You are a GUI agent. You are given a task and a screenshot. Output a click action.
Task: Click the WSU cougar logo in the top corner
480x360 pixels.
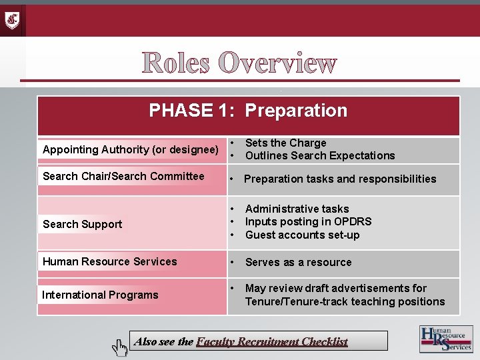pyautogui.click(x=13, y=20)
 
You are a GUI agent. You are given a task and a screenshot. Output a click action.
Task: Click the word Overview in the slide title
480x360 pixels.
pyautogui.click(x=277, y=63)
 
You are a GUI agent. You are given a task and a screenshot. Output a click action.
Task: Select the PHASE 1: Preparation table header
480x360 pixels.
pyautogui.click(x=248, y=111)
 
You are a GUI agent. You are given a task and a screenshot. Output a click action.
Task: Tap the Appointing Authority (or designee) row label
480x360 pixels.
pyautogui.click(x=131, y=150)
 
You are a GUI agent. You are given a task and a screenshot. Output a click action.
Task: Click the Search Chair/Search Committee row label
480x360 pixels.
pyautogui.click(x=123, y=176)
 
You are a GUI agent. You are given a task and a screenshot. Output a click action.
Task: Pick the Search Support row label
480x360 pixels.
pyautogui.click(x=83, y=224)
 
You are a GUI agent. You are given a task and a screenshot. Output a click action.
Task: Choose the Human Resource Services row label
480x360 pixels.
pyautogui.click(x=110, y=261)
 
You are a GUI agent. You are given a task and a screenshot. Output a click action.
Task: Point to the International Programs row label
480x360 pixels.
pyautogui.click(x=100, y=295)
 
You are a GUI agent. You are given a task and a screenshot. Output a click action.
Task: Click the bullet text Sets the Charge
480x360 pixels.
pyautogui.click(x=285, y=143)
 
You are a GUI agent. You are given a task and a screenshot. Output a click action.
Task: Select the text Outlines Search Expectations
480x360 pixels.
pyautogui.click(x=320, y=155)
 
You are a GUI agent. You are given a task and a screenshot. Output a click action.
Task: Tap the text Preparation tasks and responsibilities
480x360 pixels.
pyautogui.click(x=340, y=179)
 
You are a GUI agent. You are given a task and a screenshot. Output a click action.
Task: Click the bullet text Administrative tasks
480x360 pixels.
pyautogui.click(x=297, y=209)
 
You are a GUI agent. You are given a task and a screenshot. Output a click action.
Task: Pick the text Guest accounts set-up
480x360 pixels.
pyautogui.click(x=302, y=235)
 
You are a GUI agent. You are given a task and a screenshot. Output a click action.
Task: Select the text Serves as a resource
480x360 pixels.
pyautogui.click(x=298, y=262)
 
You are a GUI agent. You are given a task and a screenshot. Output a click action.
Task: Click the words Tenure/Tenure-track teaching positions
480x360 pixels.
pyautogui.click(x=345, y=301)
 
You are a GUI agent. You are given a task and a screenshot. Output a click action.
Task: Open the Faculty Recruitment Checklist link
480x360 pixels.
pyautogui.click(x=272, y=341)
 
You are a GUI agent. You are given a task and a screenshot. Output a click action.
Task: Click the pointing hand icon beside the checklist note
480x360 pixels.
pyautogui.click(x=119, y=345)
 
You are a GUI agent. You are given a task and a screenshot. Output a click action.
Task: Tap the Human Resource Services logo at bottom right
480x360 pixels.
pyautogui.click(x=445, y=339)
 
